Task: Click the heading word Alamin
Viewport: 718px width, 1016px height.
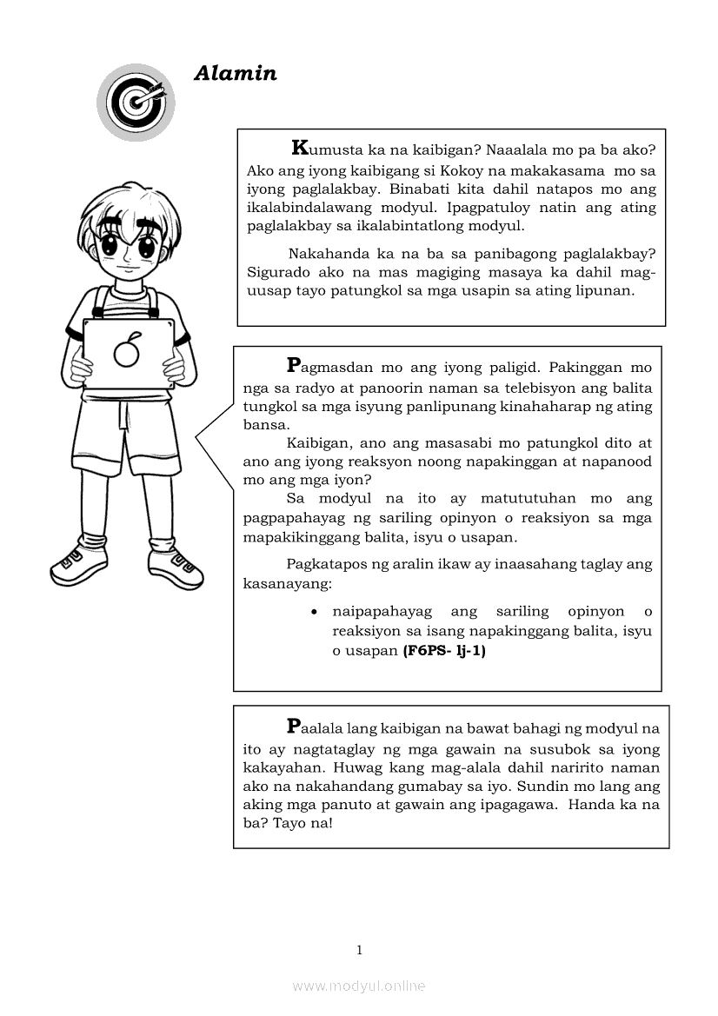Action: [x=236, y=74]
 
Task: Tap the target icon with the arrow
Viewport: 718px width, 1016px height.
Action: [x=136, y=102]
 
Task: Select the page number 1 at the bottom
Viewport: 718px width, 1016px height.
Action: [x=359, y=950]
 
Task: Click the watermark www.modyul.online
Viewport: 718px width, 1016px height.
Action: [x=359, y=986]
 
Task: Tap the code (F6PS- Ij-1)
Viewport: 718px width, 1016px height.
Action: [x=443, y=650]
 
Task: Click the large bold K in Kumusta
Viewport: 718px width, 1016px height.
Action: [x=300, y=148]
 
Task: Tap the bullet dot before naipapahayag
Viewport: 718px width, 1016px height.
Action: [x=314, y=613]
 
